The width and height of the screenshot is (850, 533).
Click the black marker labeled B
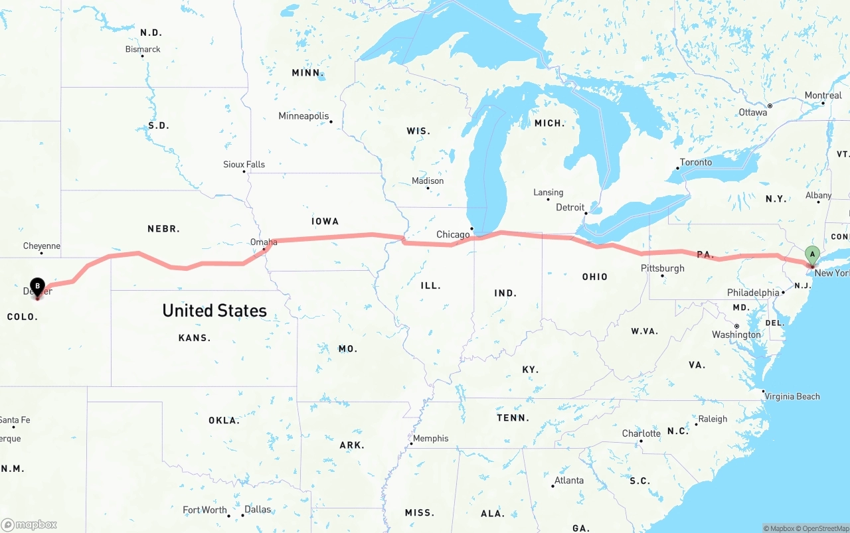(x=38, y=287)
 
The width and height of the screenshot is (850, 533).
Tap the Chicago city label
(x=453, y=234)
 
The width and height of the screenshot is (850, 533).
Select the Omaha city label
(x=264, y=242)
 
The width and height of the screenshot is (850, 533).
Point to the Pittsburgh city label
(x=662, y=268)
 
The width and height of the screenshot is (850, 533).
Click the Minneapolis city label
(x=303, y=116)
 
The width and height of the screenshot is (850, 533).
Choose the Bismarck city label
(x=143, y=49)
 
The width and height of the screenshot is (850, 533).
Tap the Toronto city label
(x=695, y=162)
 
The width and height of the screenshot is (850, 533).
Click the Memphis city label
(x=430, y=438)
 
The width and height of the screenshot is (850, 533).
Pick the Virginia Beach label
(x=792, y=396)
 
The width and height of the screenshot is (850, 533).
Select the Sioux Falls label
(x=244, y=164)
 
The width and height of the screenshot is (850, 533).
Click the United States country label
(x=214, y=310)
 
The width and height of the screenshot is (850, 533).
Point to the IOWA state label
(x=325, y=221)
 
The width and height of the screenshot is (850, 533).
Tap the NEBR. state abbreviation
(x=163, y=228)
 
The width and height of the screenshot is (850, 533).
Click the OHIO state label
(x=594, y=276)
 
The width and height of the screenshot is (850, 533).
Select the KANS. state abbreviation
(x=195, y=338)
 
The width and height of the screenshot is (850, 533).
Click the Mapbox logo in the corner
(x=29, y=524)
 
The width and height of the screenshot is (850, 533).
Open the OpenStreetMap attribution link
(x=824, y=528)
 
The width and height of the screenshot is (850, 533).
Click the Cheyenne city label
(x=41, y=246)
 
